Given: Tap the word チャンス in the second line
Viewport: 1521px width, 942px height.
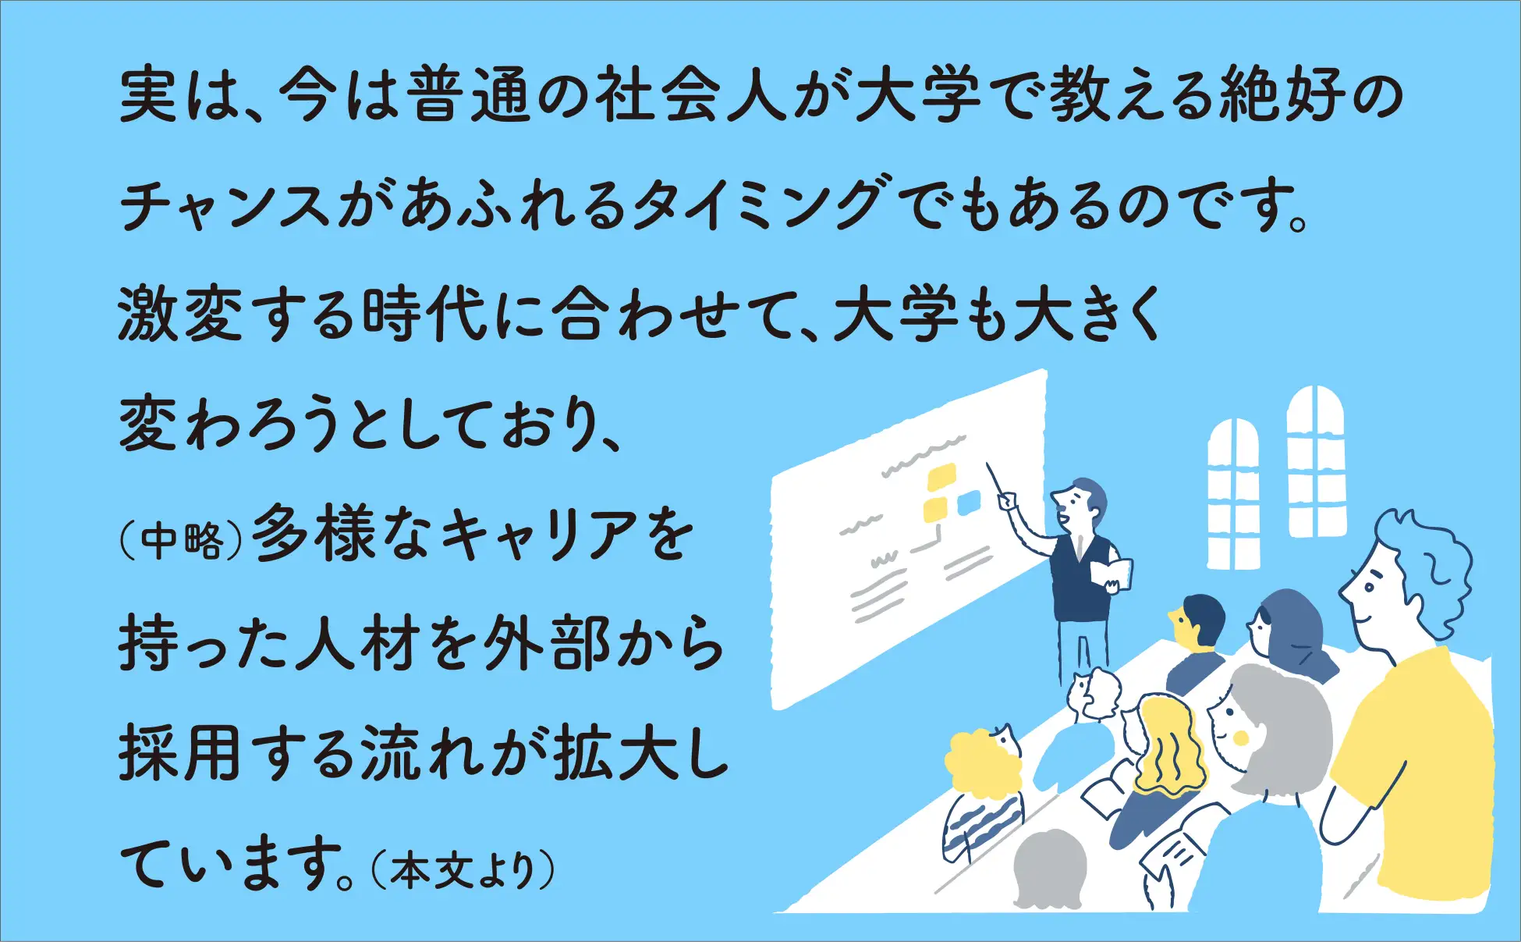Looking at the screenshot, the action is click(x=226, y=205).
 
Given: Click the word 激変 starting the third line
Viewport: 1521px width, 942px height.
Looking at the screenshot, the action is click(x=180, y=314).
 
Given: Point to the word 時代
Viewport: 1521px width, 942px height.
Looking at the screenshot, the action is click(x=425, y=314).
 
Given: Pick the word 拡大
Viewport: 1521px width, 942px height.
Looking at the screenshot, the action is click(x=617, y=755).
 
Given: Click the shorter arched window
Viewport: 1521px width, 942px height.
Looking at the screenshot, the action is click(x=1233, y=494).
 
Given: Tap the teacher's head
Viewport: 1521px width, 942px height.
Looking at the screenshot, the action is click(x=1080, y=505).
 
